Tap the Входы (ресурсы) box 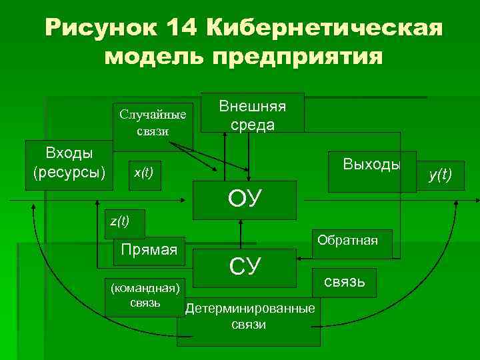[69, 164]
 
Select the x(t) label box [143, 173]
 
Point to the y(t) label [440, 175]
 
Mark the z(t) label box [119, 221]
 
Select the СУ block [244, 266]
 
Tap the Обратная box [347, 240]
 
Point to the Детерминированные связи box [248, 318]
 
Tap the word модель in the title [155, 57]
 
